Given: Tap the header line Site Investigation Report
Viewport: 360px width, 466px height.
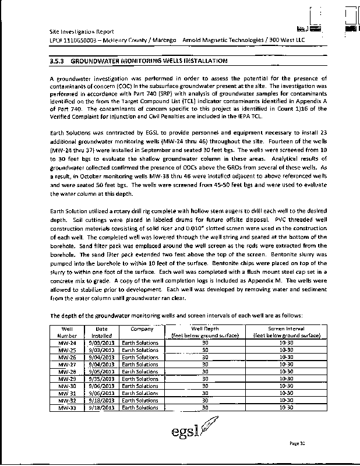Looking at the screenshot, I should [82, 31].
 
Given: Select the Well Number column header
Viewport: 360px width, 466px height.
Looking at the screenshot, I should [67, 332].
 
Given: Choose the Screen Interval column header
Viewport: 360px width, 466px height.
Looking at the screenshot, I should [286, 332].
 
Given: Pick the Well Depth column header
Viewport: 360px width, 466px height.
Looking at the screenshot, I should [204, 332].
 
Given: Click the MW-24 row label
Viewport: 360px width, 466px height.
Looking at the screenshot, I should [68, 343].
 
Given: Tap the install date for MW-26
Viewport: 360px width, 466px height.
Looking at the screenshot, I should [102, 358].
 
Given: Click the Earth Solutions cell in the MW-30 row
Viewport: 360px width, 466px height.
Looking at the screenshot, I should [139, 386].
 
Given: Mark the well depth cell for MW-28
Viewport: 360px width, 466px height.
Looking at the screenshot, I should [204, 372].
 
